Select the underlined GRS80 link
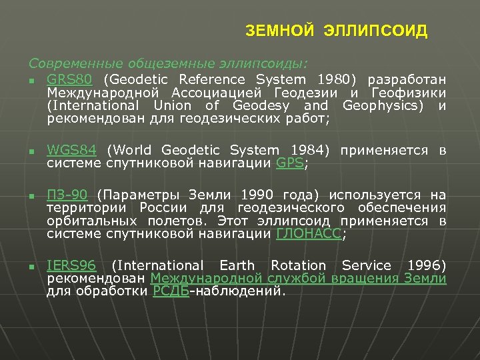65,79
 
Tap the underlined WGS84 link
71,150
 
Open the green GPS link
289,163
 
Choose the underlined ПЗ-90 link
67,195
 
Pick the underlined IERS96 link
71,265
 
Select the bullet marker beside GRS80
31,81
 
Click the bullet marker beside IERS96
31,267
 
